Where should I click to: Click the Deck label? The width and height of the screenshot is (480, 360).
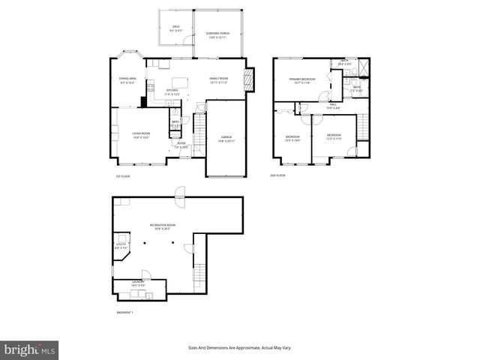pyautogui.click(x=175, y=28)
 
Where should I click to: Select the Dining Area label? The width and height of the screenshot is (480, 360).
pyautogui.click(x=127, y=80)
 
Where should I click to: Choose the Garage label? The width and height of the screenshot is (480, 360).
pyautogui.click(x=226, y=139)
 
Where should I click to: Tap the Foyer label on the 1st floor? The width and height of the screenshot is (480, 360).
pyautogui.click(x=181, y=145)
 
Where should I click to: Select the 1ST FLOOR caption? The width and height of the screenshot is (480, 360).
pyautogui.click(x=123, y=175)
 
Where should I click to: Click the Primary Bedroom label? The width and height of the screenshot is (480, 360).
pyautogui.click(x=303, y=79)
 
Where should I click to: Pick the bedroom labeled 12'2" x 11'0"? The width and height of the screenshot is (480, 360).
pyautogui.click(x=333, y=136)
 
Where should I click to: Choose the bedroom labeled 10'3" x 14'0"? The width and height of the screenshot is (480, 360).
pyautogui.click(x=292, y=138)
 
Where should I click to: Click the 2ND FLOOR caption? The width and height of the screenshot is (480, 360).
pyautogui.click(x=277, y=175)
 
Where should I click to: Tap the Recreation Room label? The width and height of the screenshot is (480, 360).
pyautogui.click(x=163, y=226)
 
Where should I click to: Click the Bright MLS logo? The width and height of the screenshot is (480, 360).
pyautogui.click(x=30, y=349)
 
